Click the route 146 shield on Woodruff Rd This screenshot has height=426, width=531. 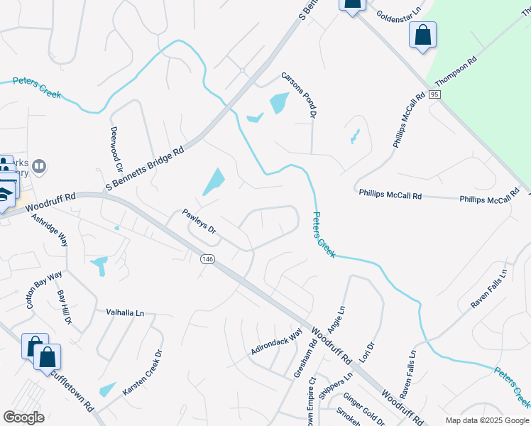207,260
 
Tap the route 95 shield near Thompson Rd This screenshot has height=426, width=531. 435,94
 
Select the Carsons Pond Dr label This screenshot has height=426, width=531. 298,94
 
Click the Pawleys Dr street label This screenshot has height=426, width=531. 199,220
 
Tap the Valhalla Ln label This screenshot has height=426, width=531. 125,312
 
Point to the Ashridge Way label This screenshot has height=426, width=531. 50,229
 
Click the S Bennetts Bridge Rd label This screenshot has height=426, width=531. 145,169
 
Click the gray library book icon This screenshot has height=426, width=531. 39,167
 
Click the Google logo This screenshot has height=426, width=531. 23,417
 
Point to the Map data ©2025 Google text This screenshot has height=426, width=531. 486,420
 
